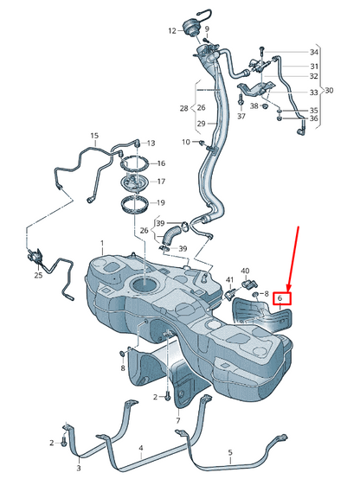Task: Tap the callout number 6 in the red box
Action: pyautogui.click(x=280, y=298)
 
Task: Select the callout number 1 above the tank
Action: pyautogui.click(x=102, y=243)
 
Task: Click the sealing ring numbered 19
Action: pyautogui.click(x=136, y=205)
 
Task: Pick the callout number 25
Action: pyautogui.click(x=38, y=275)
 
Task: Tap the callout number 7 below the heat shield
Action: pyautogui.click(x=178, y=421)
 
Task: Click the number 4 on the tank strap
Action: pyautogui.click(x=141, y=448)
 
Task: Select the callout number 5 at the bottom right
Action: pyautogui.click(x=230, y=452)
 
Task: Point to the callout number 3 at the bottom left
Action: pyautogui.click(x=79, y=468)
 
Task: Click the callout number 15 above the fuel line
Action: pyautogui.click(x=95, y=136)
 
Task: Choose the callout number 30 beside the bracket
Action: pyautogui.click(x=329, y=91)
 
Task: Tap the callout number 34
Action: pyautogui.click(x=314, y=52)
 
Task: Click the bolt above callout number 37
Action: pyautogui.click(x=241, y=99)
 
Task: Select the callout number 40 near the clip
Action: pyautogui.click(x=245, y=271)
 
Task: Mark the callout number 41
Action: pyautogui.click(x=229, y=280)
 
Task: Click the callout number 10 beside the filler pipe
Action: pyautogui.click(x=186, y=142)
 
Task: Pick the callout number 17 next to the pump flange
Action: pyautogui.click(x=161, y=182)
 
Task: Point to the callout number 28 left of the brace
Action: pyautogui.click(x=183, y=108)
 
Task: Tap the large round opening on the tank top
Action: pyautogui.click(x=144, y=284)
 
